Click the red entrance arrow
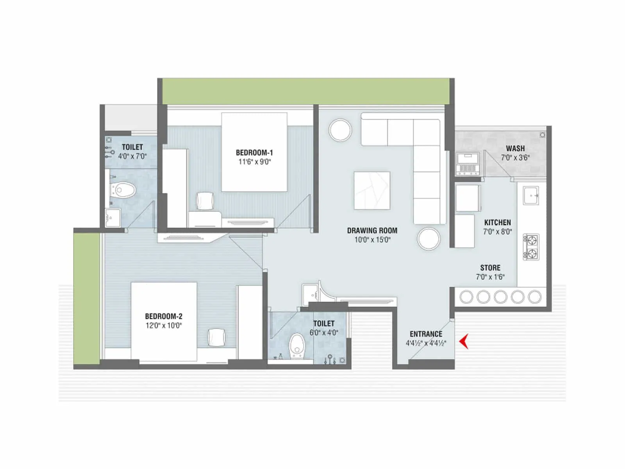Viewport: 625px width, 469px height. pos(464,342)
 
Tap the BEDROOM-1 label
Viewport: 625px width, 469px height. pos(254,153)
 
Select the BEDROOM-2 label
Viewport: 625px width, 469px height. pos(164,316)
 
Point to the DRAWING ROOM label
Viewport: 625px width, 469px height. pos(372,231)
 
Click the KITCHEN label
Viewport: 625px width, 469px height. pos(497,222)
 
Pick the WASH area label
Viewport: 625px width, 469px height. pos(515,149)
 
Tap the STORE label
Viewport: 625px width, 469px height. pos(490,268)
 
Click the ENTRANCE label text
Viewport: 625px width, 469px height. pos(426,334)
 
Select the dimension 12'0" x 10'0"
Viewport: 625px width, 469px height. pos(164,326)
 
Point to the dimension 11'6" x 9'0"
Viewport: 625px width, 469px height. pos(255,162)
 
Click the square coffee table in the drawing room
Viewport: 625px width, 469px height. pos(372,190)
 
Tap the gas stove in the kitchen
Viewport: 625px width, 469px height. pos(531,247)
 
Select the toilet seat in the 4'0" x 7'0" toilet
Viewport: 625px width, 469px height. pos(123,190)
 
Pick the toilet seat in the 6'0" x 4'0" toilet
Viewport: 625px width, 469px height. pos(297,345)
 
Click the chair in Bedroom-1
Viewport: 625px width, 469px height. pos(205,201)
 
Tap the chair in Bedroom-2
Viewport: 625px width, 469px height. pos(216,337)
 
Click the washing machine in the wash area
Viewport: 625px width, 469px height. pos(468,164)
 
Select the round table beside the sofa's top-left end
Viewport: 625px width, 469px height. pos(340,130)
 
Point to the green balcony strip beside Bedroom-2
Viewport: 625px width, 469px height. pos(87,299)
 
